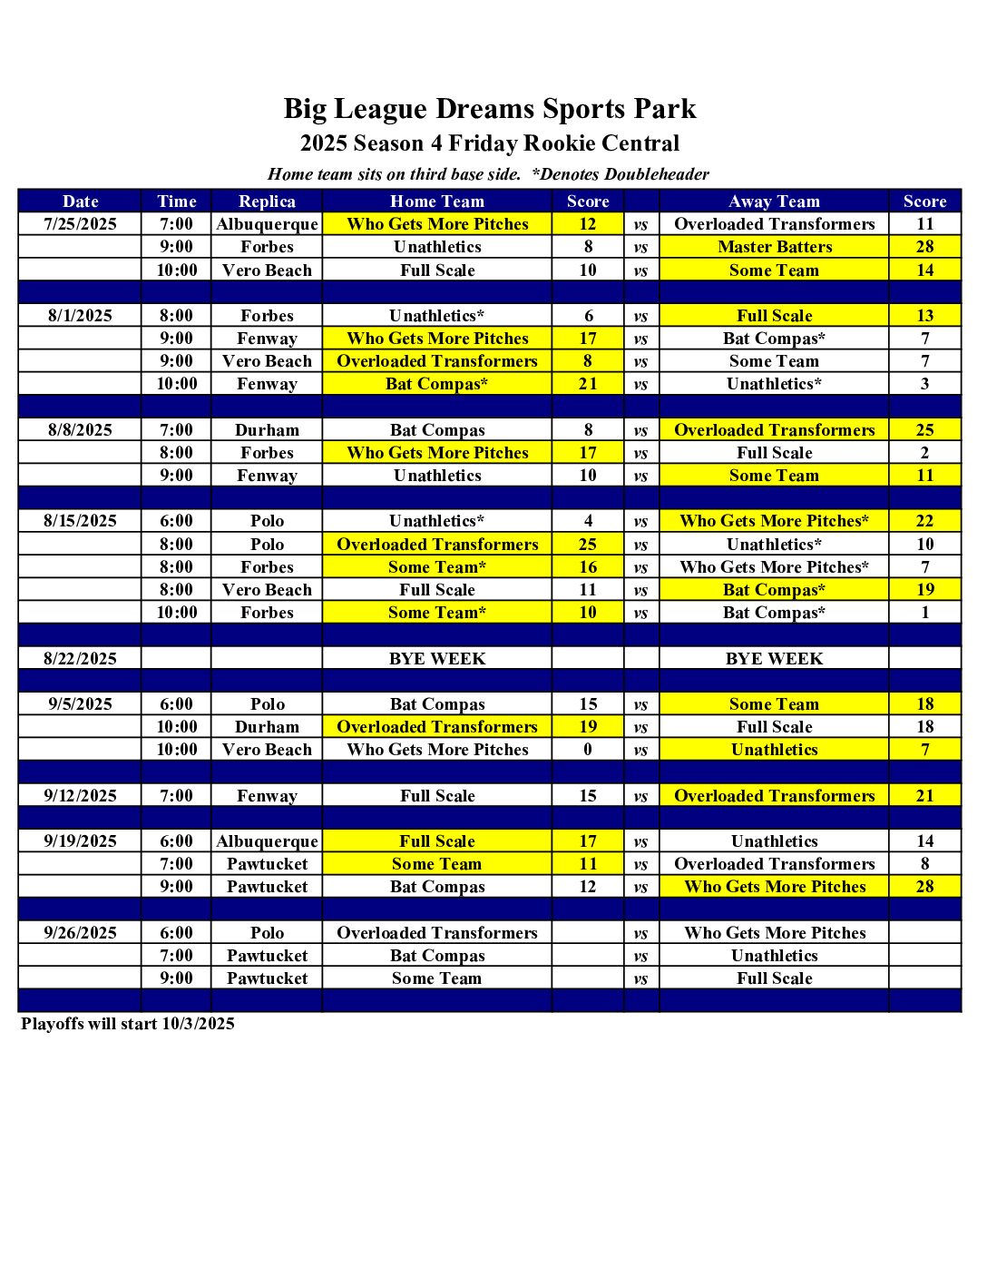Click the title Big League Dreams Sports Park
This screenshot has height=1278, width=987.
[490, 109]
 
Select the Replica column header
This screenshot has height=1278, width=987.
[267, 202]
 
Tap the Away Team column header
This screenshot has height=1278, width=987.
[774, 202]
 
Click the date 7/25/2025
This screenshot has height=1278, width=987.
[80, 224]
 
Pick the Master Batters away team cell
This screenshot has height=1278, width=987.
[774, 247]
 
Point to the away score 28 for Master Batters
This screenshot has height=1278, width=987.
[924, 247]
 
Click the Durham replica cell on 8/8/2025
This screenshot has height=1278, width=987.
[267, 430]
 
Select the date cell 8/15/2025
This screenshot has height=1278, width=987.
[80, 521]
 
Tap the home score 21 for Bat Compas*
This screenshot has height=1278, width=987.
[588, 384]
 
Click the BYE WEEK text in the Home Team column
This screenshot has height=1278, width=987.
[437, 659]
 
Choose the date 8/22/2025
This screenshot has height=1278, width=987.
[80, 659]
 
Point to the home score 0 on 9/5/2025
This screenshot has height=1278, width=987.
[588, 750]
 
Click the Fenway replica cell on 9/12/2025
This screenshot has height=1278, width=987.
[267, 796]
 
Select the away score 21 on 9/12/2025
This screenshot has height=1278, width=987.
[924, 796]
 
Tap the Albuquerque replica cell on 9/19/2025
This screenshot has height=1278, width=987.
[267, 841]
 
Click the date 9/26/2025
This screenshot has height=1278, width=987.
[80, 933]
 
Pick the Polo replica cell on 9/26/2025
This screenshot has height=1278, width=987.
[267, 933]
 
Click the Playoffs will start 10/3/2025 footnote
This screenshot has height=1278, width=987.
[128, 1024]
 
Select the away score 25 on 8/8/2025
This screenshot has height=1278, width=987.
[924, 430]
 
